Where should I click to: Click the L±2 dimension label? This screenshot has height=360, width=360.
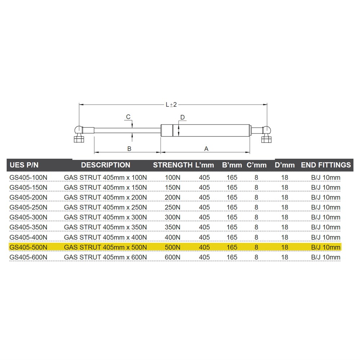(x=171, y=105)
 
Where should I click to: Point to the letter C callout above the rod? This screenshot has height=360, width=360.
(x=128, y=117)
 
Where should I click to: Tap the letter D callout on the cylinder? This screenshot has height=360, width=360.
(x=183, y=118)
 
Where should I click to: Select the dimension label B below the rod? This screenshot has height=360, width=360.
(x=129, y=148)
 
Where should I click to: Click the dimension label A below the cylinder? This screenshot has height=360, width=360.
(x=206, y=148)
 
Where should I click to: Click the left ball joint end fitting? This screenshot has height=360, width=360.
(x=79, y=134)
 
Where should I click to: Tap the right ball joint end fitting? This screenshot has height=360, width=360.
(x=266, y=134)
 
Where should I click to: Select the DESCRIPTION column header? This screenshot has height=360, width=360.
(x=105, y=165)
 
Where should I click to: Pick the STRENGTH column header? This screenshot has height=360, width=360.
(x=172, y=165)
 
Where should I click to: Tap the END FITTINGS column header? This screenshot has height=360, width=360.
(x=325, y=165)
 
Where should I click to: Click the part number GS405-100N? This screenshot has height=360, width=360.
(x=28, y=177)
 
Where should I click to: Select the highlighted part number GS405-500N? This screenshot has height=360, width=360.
(x=28, y=247)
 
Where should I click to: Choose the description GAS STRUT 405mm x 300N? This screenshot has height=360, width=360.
(x=105, y=217)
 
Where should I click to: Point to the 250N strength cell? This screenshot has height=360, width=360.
(x=172, y=207)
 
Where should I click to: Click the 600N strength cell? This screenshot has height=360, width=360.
(x=172, y=257)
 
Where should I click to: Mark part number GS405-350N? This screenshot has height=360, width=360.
(x=28, y=228)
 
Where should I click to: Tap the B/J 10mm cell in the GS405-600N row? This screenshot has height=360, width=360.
(x=325, y=257)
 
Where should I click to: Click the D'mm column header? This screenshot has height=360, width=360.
(x=284, y=165)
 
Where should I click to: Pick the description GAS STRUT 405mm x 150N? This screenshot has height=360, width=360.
(x=105, y=188)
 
